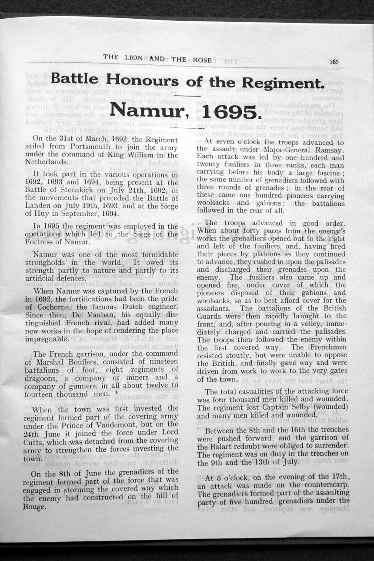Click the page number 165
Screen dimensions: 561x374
point(334,62)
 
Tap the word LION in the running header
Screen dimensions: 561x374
point(134,57)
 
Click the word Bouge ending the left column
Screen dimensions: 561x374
point(34,507)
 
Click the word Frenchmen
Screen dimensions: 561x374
point(326,347)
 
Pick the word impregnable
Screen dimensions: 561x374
point(47,338)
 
